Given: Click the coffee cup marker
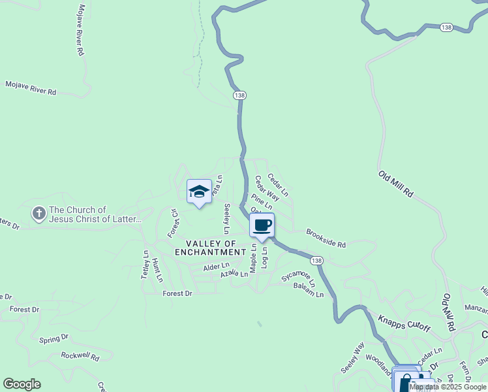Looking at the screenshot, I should (262, 226).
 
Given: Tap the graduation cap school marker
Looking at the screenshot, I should (199, 192).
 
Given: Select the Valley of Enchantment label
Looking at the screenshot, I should (210, 248).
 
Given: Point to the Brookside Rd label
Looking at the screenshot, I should (326, 238).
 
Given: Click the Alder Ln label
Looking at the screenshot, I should (216, 267).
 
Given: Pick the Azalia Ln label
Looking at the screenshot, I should (234, 275).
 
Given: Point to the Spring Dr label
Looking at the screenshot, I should (53, 339).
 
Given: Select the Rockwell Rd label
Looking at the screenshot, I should (80, 356).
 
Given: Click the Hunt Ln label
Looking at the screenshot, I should (157, 269).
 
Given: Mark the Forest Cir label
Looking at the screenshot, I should (174, 223).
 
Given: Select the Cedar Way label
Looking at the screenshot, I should (267, 188).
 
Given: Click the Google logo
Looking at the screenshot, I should (22, 384).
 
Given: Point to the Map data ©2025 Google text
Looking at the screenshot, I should (448, 387).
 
